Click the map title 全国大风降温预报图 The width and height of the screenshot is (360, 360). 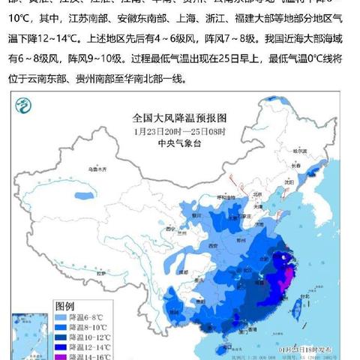point(178,118)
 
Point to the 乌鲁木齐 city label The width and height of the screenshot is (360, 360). point(96,171)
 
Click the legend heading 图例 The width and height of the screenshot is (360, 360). point(65,306)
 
